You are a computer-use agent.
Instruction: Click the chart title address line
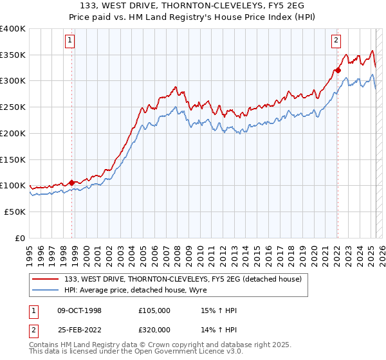pos(192,6)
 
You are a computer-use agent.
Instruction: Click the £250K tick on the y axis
pos(14,107)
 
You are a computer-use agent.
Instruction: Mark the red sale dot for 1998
pos(71,183)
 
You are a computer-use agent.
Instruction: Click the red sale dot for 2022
pos(337,71)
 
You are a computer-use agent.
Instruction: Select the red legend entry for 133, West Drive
pos(187,278)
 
